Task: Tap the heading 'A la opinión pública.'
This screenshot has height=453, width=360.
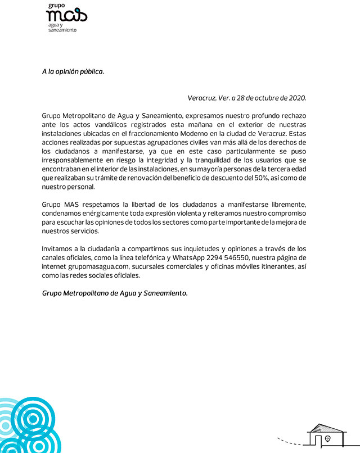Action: (x=73, y=72)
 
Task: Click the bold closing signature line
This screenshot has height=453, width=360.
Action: (x=115, y=293)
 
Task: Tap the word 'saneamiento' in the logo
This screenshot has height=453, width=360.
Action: (x=62, y=30)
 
